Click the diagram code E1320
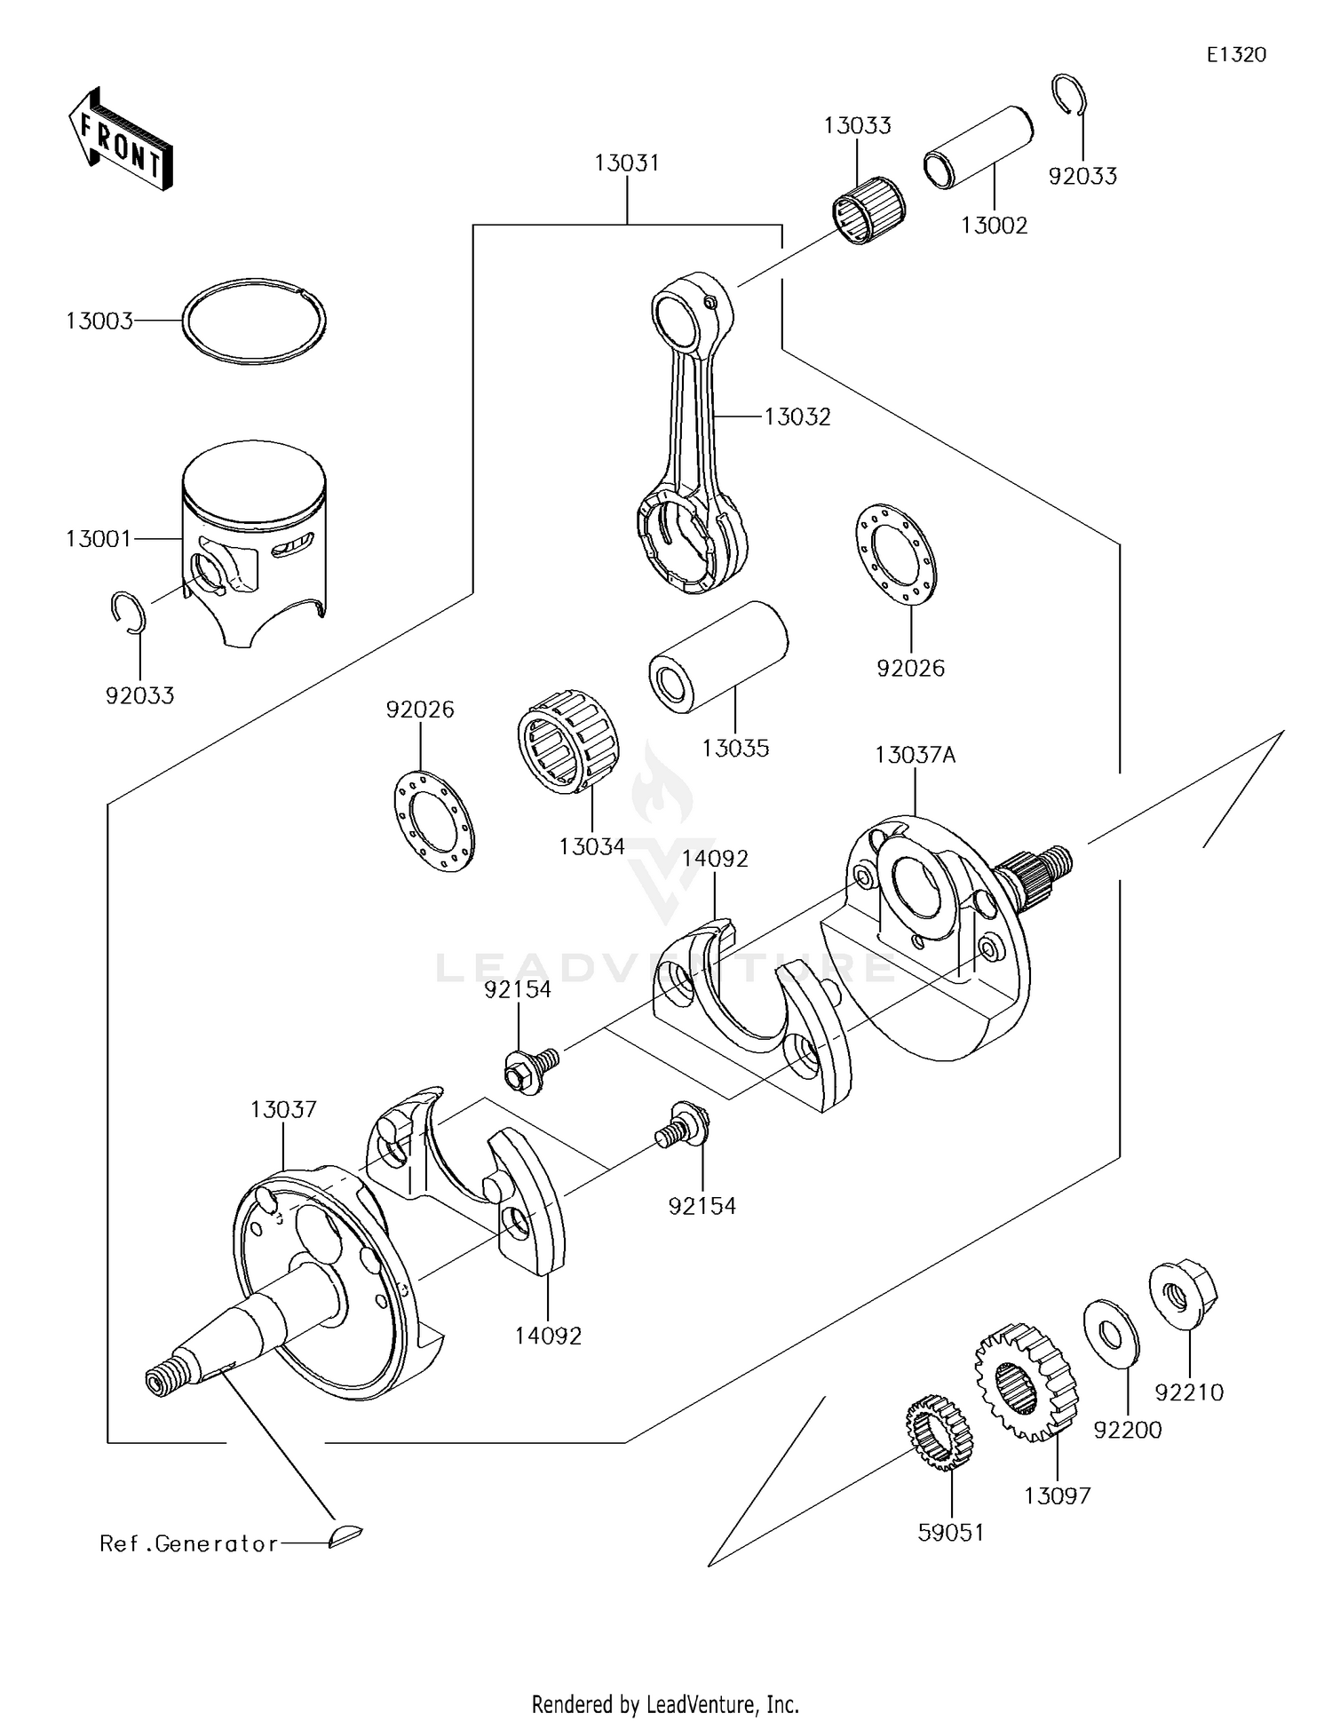tap(1235, 55)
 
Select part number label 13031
tap(627, 163)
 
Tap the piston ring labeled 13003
tap(254, 321)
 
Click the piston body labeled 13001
tap(254, 542)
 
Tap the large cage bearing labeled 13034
tap(568, 741)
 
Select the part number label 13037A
tap(915, 756)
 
